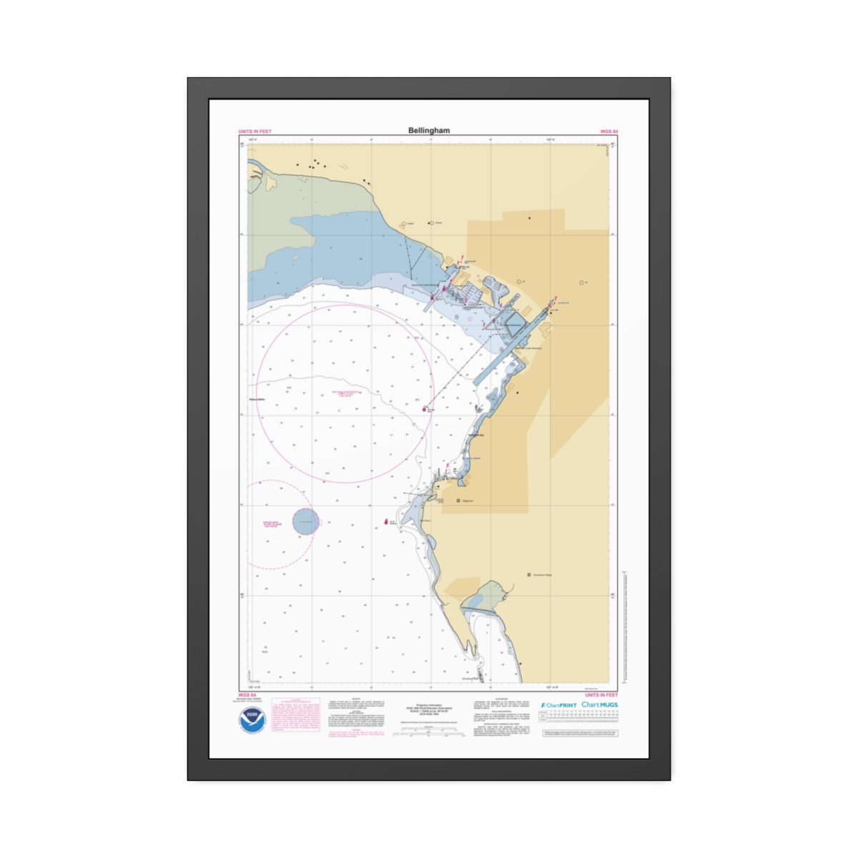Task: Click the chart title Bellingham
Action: [x=429, y=131]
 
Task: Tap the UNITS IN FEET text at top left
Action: [x=255, y=132]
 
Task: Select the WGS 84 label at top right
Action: [x=608, y=132]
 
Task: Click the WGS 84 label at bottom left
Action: [x=247, y=695]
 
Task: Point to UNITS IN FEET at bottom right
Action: [x=601, y=695]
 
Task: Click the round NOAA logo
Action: [x=252, y=719]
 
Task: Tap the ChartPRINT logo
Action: [x=558, y=705]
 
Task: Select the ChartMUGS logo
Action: [x=599, y=704]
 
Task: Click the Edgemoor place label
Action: [x=467, y=501]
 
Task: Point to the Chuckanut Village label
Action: [x=542, y=575]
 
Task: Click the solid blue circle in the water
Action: [x=305, y=521]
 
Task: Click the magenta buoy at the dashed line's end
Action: [x=423, y=409]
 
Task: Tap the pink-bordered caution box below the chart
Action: [x=295, y=716]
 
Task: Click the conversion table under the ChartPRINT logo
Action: [x=578, y=716]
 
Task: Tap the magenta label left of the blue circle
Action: [x=272, y=524]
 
